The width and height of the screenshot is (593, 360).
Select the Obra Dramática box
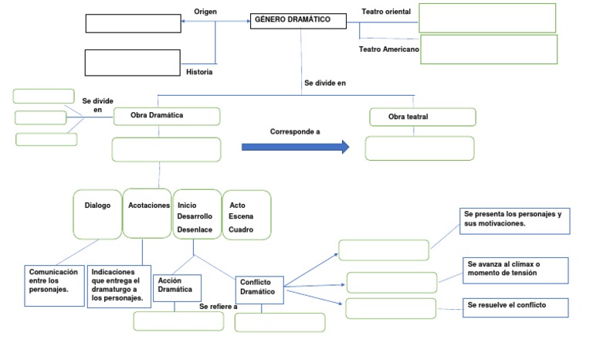[x=167, y=116]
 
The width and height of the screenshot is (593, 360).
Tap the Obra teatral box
[x=422, y=117]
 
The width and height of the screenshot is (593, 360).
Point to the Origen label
[x=205, y=12]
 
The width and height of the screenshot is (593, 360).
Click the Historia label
[x=199, y=72]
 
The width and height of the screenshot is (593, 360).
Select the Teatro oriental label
[x=387, y=12]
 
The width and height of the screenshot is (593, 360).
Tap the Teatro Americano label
[x=389, y=49]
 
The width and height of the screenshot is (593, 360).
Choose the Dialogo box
[x=97, y=213]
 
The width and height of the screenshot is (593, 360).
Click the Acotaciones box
[x=147, y=213]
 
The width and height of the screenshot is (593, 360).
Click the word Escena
[x=240, y=217]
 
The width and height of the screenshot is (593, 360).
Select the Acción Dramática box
[x=178, y=287]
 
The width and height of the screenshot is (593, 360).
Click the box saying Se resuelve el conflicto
[x=515, y=306]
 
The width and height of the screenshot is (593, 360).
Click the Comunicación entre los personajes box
[x=54, y=284]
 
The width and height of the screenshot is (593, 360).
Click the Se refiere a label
[x=218, y=307]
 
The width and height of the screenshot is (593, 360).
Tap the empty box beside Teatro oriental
[x=487, y=18]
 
